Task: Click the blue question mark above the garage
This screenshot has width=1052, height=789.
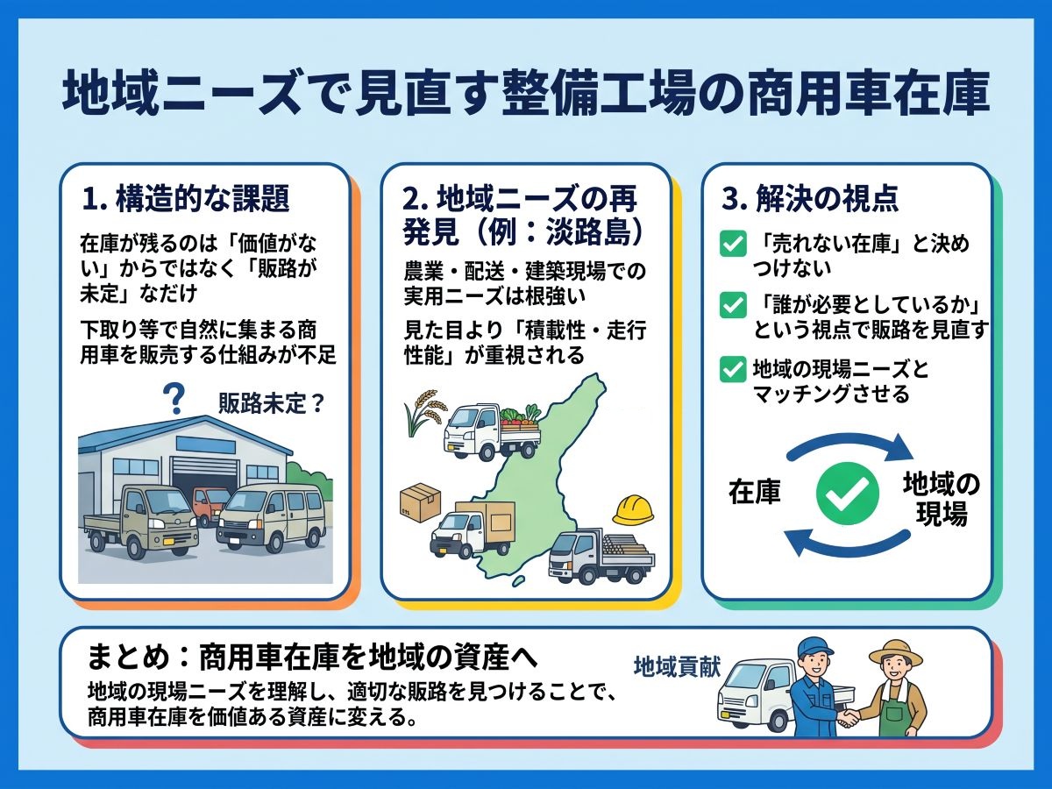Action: [174, 398]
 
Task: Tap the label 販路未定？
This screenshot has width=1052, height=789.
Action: [271, 403]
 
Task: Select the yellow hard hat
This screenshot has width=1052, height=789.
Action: [633, 509]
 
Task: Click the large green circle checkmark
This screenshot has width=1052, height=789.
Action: [848, 494]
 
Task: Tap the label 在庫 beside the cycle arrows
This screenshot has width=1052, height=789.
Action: [755, 492]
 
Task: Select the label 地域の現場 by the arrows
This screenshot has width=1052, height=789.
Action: [942, 499]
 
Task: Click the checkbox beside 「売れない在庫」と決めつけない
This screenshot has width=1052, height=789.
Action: [733, 244]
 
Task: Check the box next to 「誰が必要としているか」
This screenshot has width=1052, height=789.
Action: [733, 305]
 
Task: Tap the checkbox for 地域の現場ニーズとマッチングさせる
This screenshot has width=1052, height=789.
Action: [733, 369]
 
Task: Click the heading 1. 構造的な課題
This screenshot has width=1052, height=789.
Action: [186, 198]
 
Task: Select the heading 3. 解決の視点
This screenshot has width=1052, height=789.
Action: [810, 198]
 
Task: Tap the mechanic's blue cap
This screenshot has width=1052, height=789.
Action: [814, 648]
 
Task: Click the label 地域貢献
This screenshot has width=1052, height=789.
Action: [677, 666]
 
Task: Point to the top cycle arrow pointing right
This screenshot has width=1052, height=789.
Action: [849, 441]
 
